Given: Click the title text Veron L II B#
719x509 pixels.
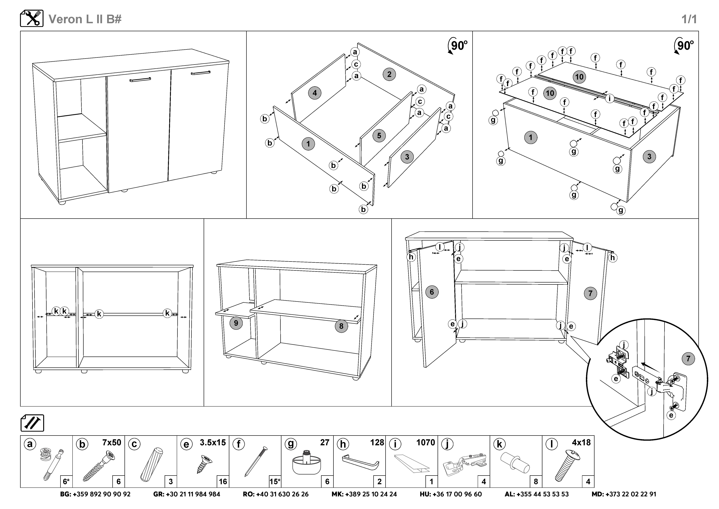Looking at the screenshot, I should pyautogui.click(x=85, y=19).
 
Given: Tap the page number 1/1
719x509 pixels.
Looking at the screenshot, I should pyautogui.click(x=689, y=19).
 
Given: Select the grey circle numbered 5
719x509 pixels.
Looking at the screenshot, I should pyautogui.click(x=379, y=136).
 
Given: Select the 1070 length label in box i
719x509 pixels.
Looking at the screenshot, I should pyautogui.click(x=425, y=443).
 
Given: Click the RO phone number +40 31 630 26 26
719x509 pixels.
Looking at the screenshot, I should pyautogui.click(x=276, y=494).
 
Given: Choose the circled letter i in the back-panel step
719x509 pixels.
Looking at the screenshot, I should pyautogui.click(x=609, y=98).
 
